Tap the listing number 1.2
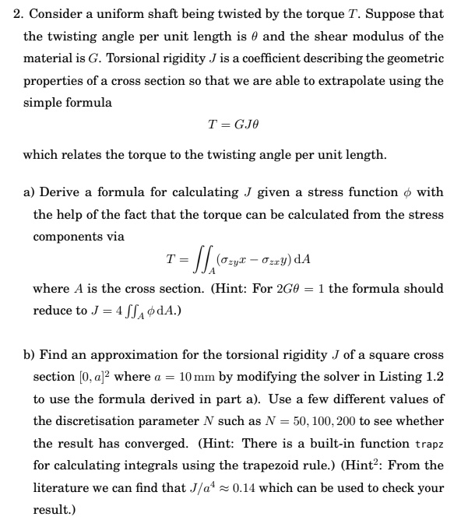click(435, 377)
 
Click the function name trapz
click(428, 443)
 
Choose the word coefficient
click(241, 58)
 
